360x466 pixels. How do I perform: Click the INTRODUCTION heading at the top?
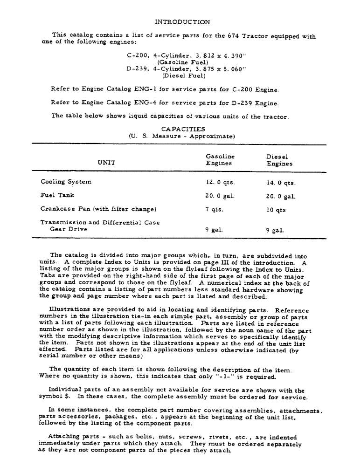(182, 22)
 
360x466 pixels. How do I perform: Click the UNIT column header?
(106, 163)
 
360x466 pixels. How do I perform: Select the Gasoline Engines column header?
(220, 160)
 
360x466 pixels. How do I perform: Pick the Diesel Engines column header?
(279, 160)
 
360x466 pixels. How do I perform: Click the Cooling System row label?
(66, 182)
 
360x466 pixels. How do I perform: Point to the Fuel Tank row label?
(57, 195)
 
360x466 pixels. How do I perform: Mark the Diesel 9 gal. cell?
(275, 230)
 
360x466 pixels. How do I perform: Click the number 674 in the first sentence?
(234, 36)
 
